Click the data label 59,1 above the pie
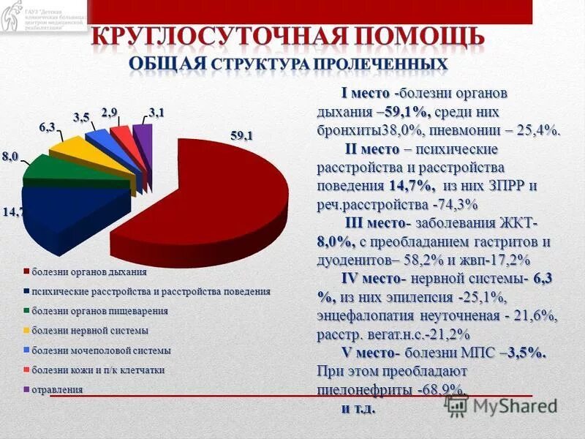coord(241,135)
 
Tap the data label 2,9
coord(110,111)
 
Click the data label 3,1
coord(156,111)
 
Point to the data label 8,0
coord(10,157)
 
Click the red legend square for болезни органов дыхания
coord(26,272)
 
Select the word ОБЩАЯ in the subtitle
coord(167,64)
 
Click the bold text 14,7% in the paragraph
coord(412,186)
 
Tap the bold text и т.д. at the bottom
coord(358,408)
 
